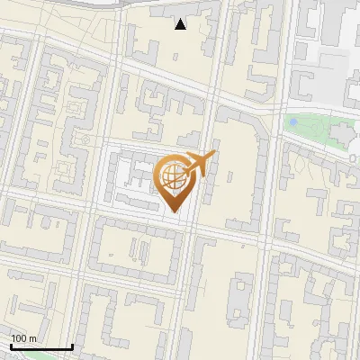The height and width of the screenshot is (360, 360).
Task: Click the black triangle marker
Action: [x=181, y=24]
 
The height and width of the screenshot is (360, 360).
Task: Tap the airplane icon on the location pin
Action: [x=199, y=164]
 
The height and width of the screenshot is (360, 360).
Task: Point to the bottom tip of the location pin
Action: [x=173, y=211]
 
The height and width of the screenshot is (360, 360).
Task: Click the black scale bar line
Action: [x=41, y=347]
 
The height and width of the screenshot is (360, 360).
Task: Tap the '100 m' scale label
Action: [x=23, y=338]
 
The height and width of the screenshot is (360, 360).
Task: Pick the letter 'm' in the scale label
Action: [x=32, y=338]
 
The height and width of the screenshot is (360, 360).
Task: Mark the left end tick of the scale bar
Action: [x=11, y=346]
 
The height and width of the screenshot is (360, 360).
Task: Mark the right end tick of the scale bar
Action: [x=72, y=346]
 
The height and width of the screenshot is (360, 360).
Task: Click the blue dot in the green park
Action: [x=291, y=121]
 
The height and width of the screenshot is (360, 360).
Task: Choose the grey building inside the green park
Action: [x=343, y=135]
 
